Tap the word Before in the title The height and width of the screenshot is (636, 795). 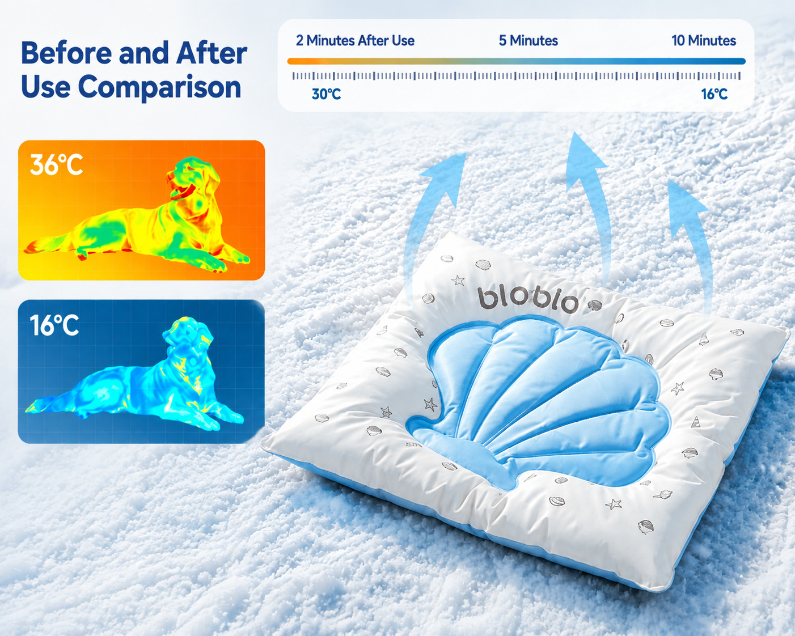[66, 53]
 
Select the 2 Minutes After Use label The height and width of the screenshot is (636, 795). [355, 41]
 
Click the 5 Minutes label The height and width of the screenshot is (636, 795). [528, 41]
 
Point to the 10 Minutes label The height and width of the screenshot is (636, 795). [704, 41]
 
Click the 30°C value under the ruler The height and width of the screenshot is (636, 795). [326, 94]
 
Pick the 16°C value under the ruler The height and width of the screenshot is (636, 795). [714, 94]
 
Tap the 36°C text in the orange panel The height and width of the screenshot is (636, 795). [56, 165]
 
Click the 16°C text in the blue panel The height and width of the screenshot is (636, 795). [54, 325]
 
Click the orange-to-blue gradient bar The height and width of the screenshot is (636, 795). [517, 61]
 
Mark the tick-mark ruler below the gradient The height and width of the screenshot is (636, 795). [517, 76]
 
